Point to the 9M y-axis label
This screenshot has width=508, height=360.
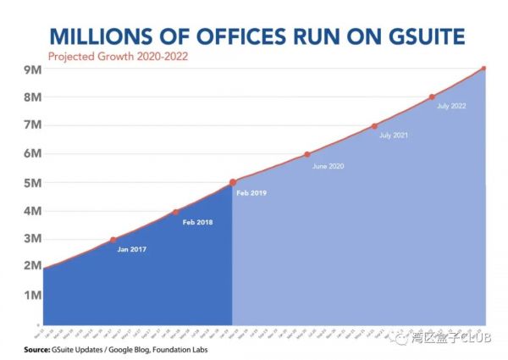[31, 69]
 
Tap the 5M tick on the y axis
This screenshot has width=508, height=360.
[31, 182]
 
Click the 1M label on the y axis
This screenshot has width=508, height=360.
[31, 295]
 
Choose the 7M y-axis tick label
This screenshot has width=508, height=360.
[31, 125]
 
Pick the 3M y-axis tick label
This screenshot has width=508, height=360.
[31, 238]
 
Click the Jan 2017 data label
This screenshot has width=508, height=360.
[134, 251]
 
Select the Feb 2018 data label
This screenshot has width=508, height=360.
[197, 222]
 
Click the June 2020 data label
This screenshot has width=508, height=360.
[329, 166]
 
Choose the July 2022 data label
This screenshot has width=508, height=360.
[452, 107]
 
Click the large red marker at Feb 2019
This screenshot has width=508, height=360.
[233, 182]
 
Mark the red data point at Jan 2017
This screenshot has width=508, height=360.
[113, 240]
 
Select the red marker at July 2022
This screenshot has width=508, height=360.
[432, 97]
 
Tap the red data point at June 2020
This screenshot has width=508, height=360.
[307, 154]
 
